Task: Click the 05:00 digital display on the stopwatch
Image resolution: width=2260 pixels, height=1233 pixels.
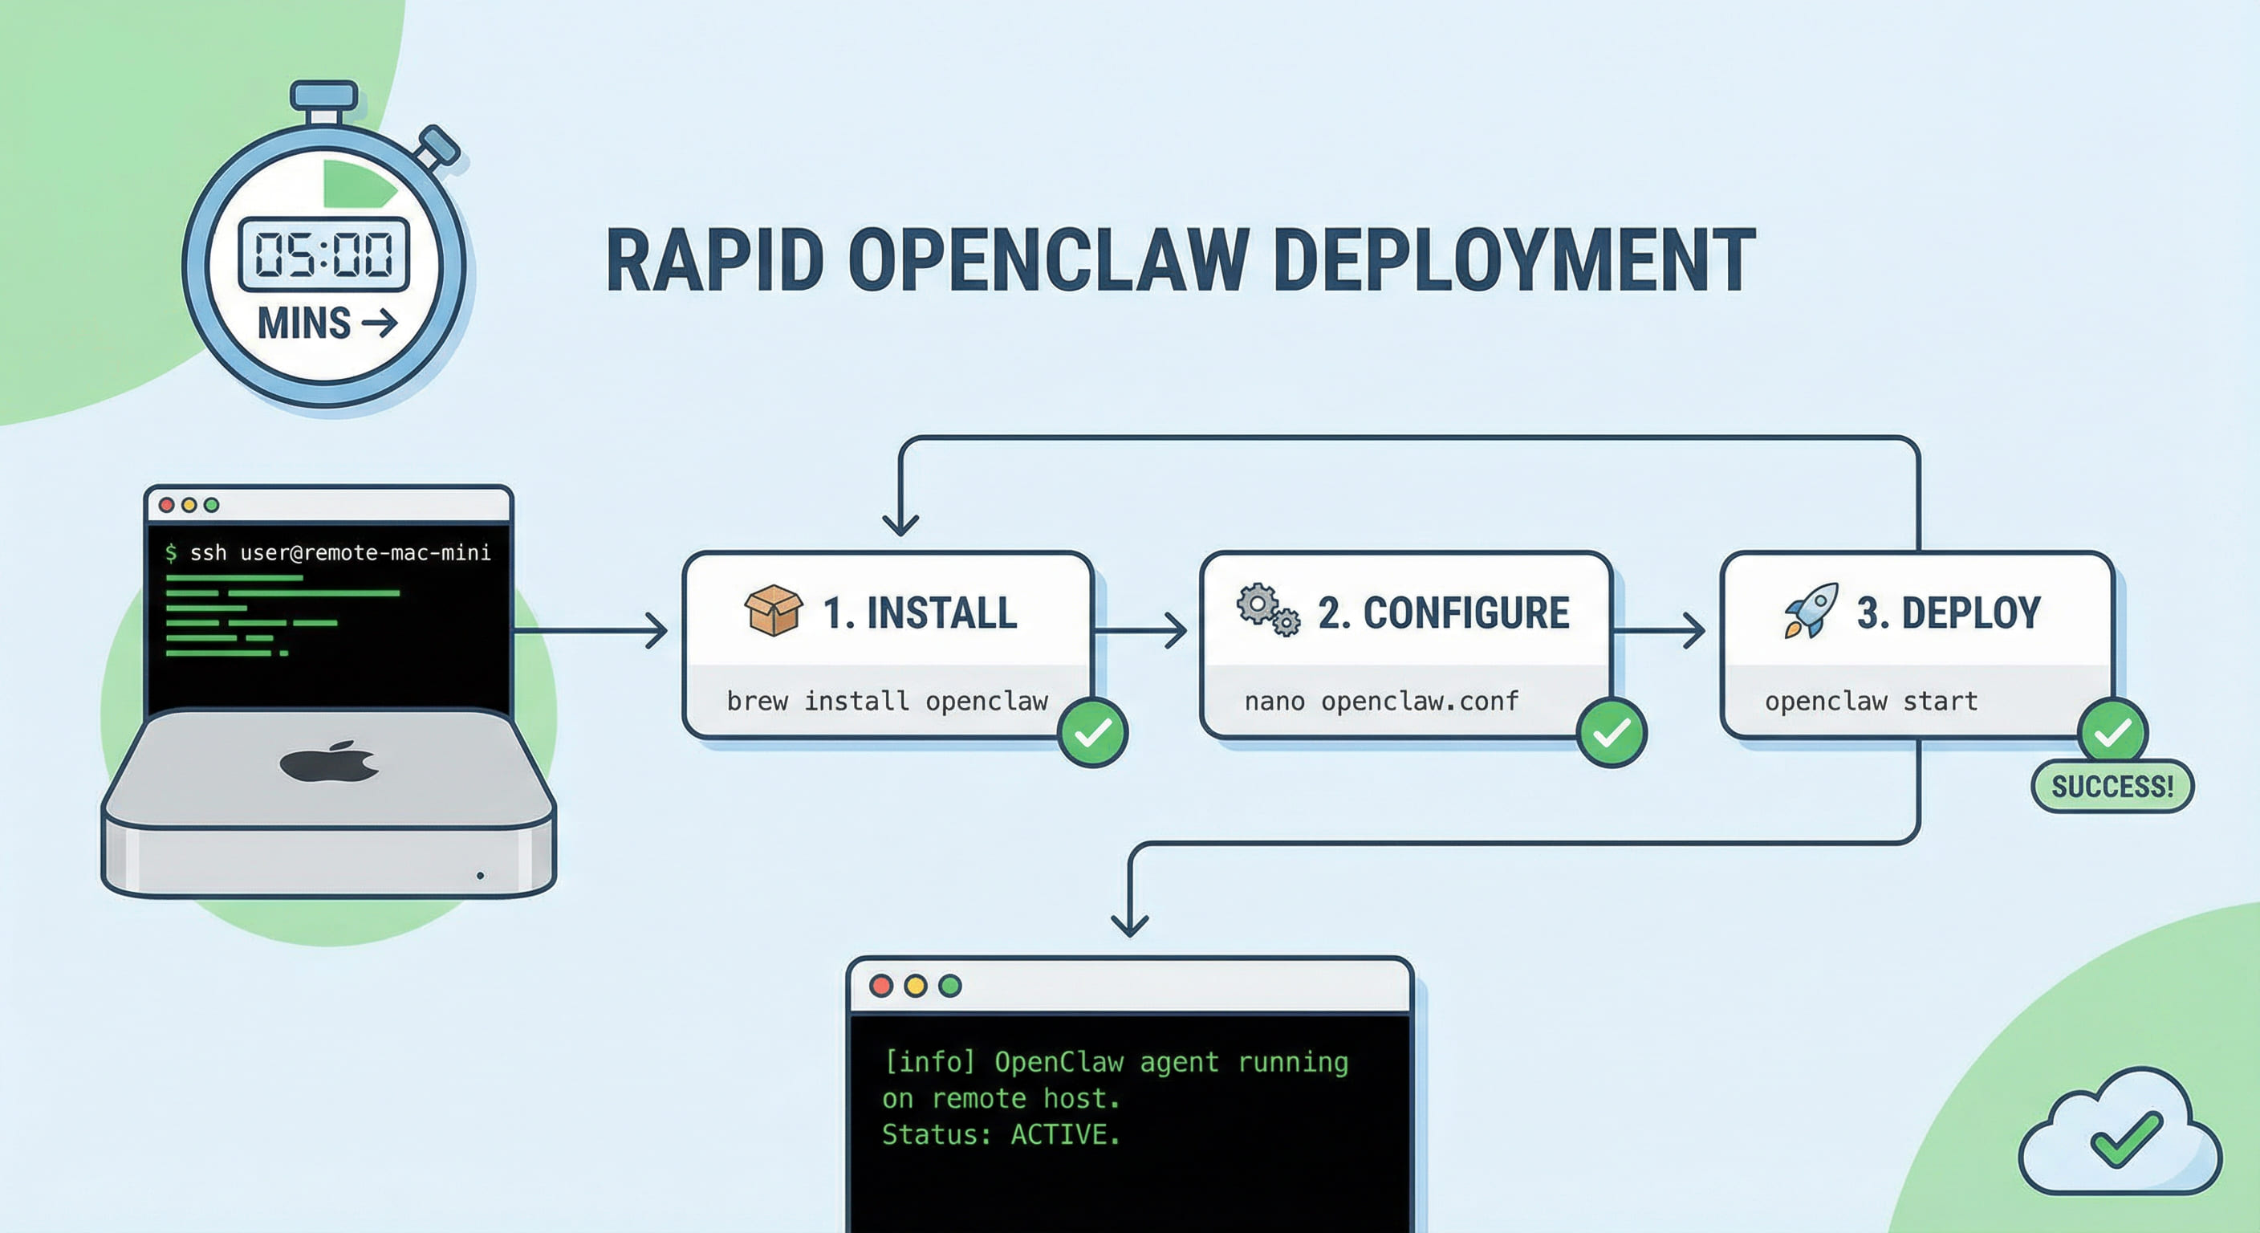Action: (323, 255)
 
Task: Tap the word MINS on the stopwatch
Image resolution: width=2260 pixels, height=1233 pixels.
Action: (303, 324)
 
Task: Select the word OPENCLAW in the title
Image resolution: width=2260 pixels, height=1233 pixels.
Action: (1047, 261)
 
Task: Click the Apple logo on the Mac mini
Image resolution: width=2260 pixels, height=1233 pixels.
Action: (330, 761)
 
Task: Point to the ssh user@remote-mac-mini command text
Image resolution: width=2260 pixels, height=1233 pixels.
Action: (340, 553)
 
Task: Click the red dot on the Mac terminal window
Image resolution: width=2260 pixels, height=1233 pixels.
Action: (167, 505)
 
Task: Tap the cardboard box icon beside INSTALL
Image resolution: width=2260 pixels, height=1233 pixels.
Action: (773, 610)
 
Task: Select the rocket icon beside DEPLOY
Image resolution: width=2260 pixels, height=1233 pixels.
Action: (1811, 610)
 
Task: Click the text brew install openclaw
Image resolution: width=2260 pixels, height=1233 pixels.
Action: (887, 701)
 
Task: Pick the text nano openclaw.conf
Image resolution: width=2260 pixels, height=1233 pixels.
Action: (1381, 701)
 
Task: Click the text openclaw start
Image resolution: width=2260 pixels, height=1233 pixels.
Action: (1871, 701)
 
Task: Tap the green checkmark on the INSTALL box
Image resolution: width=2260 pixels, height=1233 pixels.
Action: (1092, 733)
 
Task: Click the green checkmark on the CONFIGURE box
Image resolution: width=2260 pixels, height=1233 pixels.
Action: (1611, 733)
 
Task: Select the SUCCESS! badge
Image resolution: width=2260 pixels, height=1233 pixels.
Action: (2112, 787)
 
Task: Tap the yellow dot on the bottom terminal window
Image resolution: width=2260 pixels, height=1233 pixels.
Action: (915, 986)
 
